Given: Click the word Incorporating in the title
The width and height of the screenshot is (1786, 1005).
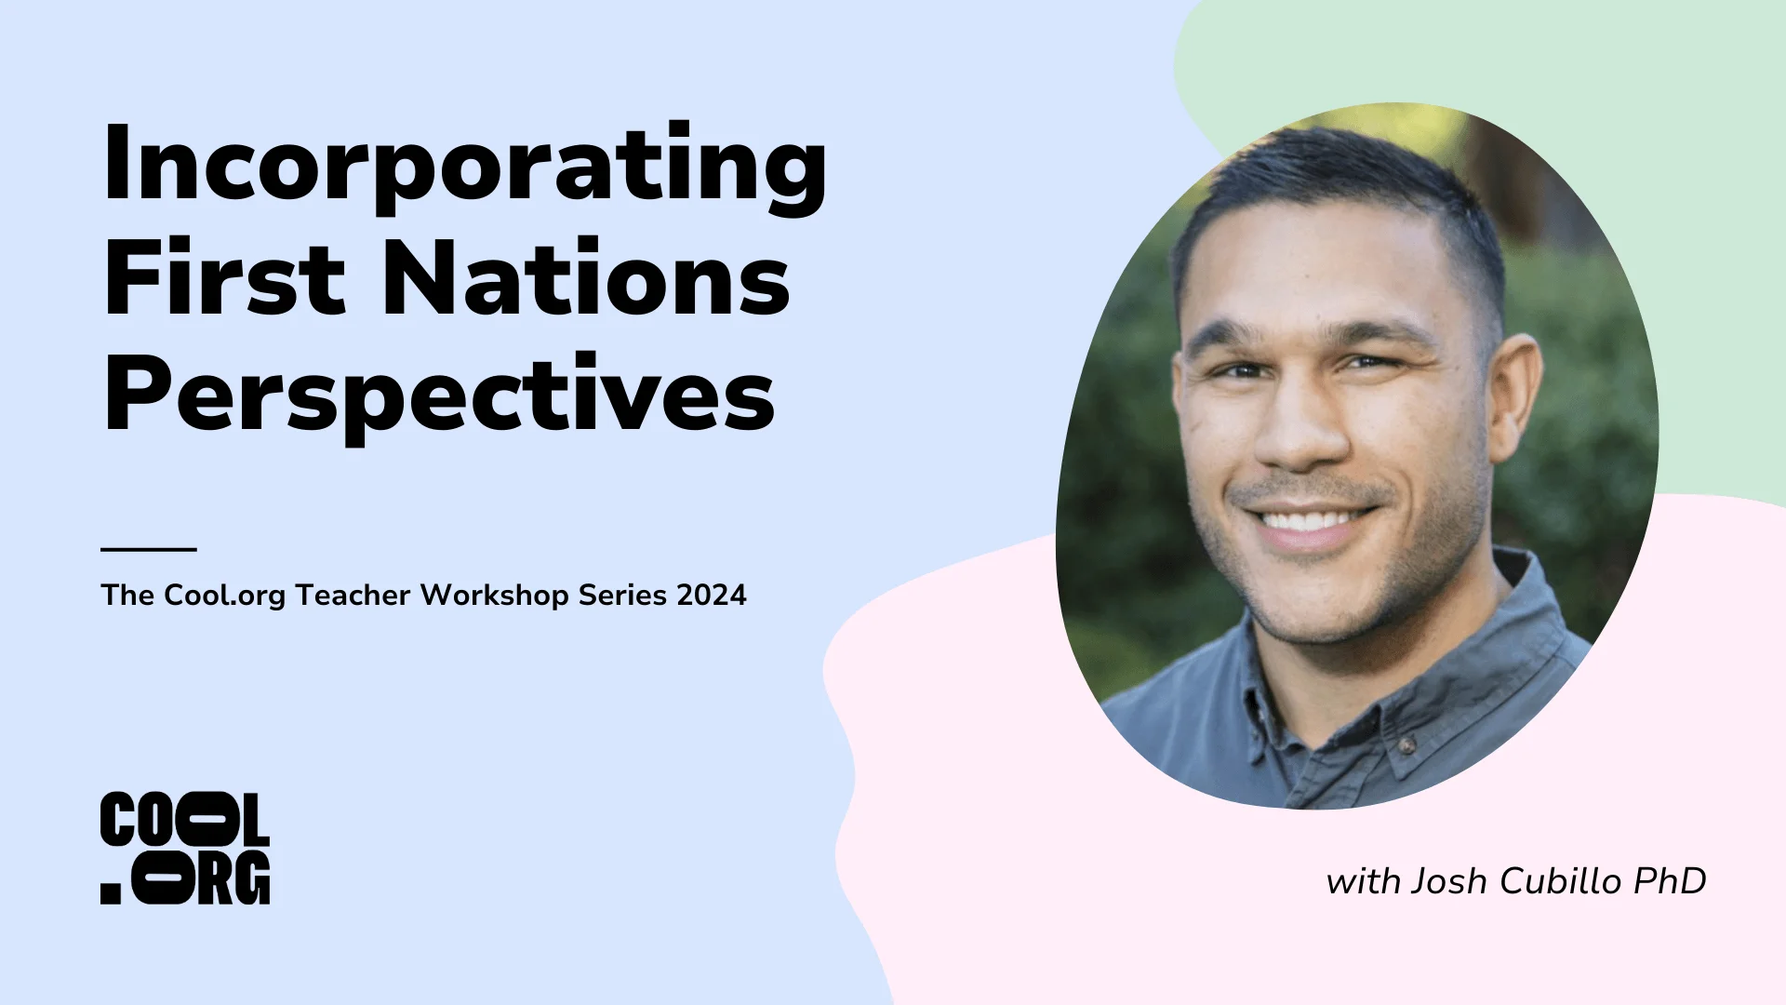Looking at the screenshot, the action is click(x=464, y=167).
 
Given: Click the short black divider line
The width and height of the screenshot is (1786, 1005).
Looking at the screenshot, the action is click(x=149, y=549).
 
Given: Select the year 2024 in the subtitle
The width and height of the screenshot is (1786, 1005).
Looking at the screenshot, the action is click(x=712, y=596).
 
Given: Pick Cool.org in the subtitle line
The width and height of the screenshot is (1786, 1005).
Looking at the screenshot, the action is click(x=225, y=596).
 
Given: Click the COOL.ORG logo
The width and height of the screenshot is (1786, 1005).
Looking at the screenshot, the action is click(x=185, y=848).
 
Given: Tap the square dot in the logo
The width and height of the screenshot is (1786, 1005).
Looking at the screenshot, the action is click(x=111, y=893).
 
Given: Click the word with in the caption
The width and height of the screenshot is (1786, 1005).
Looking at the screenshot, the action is click(x=1363, y=881).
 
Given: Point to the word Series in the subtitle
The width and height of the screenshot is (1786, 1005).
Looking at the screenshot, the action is click(x=622, y=596).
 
